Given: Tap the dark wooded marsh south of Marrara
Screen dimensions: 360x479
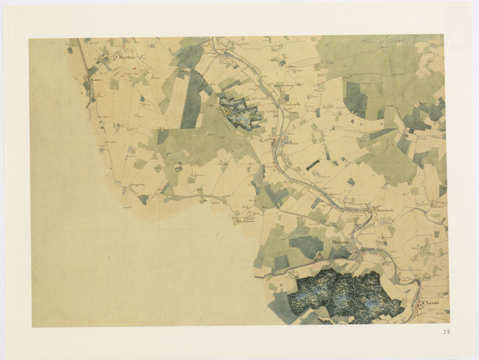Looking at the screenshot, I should coord(345,296).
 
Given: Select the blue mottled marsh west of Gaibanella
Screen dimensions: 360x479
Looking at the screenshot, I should coord(240,114).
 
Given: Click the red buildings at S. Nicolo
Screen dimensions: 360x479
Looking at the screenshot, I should coord(422,306).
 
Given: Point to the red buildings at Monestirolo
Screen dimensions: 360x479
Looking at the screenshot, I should coord(370,211).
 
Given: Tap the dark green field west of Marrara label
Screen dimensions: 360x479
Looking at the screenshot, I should coord(305,246).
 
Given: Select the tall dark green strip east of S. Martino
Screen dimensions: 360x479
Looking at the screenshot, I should coord(191,100).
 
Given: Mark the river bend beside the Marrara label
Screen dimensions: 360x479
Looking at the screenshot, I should coord(359,248).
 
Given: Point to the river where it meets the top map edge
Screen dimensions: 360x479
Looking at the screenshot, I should coord(214,40).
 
